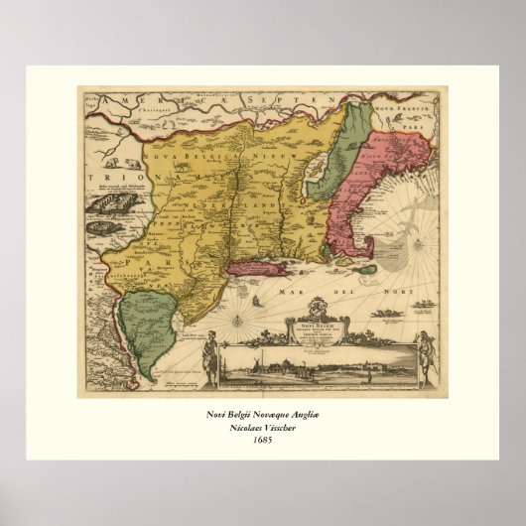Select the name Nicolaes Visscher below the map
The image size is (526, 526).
click(263, 426)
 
